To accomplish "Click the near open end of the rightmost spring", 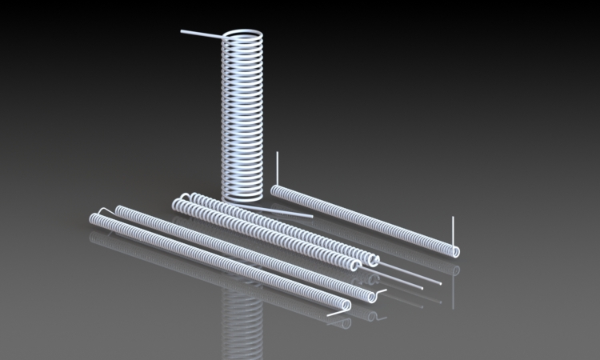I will [x=454, y=251].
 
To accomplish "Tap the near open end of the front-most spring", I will [x=344, y=305].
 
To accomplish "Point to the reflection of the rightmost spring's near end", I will [x=453, y=268].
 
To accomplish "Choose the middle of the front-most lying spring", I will [x=216, y=262].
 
